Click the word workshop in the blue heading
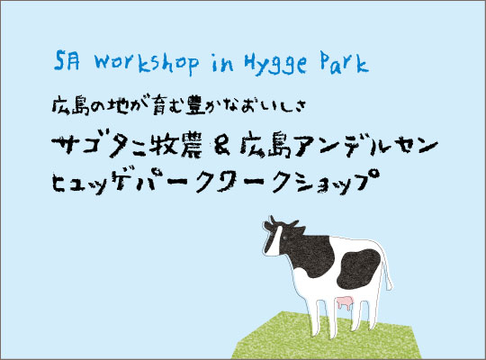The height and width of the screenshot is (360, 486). pyautogui.click(x=147, y=63)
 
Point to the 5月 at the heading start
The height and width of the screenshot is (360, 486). pyautogui.click(x=67, y=61)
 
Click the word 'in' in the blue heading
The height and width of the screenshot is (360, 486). pyautogui.click(x=222, y=63)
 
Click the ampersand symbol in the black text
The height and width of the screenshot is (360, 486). pyautogui.click(x=222, y=148)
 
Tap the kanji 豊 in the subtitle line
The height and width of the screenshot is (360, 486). pyautogui.click(x=194, y=105)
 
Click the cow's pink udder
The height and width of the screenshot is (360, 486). pyautogui.click(x=345, y=302)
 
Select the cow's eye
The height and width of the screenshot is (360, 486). pyautogui.click(x=284, y=238)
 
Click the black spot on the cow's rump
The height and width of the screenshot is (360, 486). pyautogui.click(x=359, y=268)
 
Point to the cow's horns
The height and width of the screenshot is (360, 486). pyautogui.click(x=282, y=221)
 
